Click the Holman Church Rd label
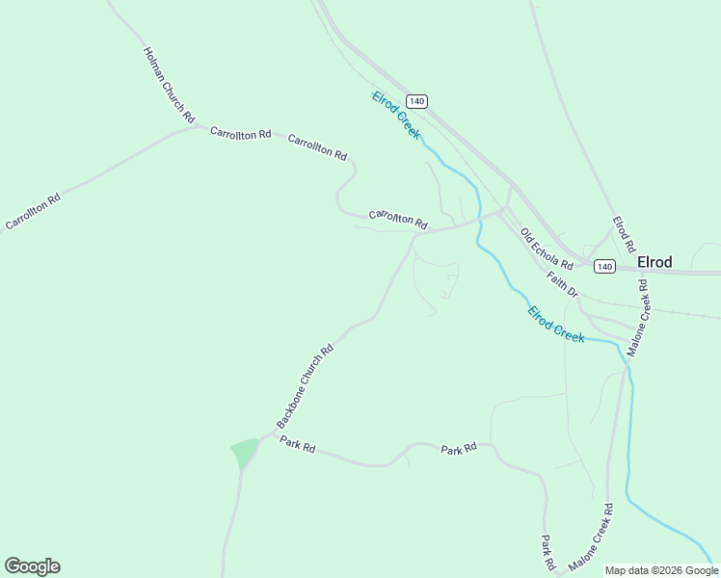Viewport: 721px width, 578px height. (169, 84)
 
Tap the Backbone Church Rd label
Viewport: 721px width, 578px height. (304, 386)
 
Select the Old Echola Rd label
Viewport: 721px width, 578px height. (547, 250)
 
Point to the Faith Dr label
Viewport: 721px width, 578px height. (562, 283)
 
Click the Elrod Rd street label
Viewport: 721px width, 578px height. (624, 234)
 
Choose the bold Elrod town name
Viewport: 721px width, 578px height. (654, 262)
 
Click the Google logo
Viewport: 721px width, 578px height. (32, 566)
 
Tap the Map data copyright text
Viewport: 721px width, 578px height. (661, 570)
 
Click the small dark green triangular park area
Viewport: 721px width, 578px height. (244, 452)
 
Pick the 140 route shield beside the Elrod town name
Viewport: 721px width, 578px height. (604, 266)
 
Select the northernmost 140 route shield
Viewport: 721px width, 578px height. (415, 101)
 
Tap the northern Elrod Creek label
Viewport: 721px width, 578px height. (396, 115)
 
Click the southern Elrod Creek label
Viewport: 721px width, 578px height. (556, 325)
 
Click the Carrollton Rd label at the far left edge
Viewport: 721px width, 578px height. (33, 211)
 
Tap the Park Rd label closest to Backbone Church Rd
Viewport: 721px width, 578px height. (298, 444)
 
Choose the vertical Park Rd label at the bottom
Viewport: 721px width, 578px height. (547, 551)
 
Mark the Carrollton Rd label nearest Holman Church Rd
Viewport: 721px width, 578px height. (240, 134)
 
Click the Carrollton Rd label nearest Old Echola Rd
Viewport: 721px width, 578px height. (398, 219)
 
